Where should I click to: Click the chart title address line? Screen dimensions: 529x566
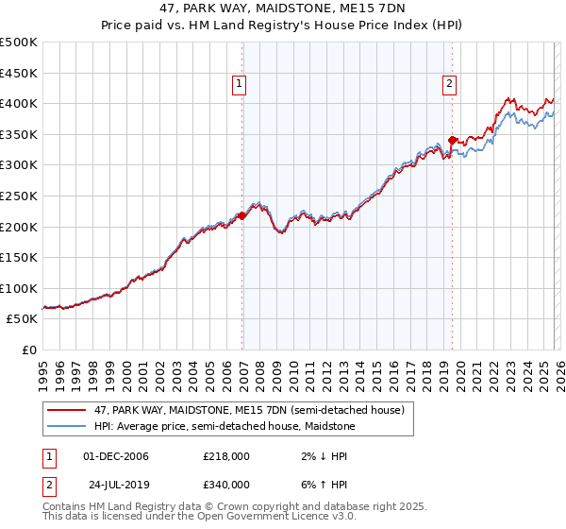tap(282, 9)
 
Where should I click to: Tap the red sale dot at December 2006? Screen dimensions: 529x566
tap(242, 215)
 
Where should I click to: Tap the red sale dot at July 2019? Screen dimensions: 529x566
tap(453, 141)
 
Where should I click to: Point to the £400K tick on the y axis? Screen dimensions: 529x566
tap(19, 104)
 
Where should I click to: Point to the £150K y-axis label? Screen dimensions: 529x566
tap(19, 257)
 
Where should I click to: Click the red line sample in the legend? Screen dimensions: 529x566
tap(67, 410)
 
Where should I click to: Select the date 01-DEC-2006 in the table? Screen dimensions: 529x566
tap(116, 456)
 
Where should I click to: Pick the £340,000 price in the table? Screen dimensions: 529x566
tap(226, 484)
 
